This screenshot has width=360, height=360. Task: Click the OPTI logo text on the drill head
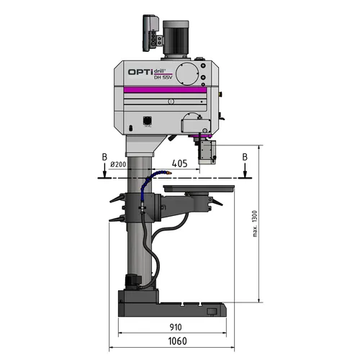coord(138,72)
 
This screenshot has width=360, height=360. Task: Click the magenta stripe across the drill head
coord(166,89)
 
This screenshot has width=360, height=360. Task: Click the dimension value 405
coord(180,164)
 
